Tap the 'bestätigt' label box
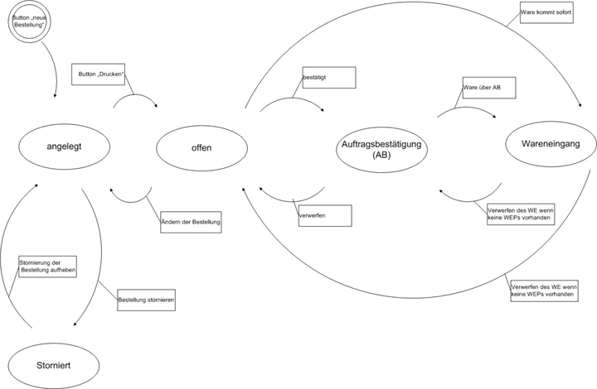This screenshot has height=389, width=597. point(328,78)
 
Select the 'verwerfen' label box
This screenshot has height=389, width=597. point(325,216)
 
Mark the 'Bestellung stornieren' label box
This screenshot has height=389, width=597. point(146,298)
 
